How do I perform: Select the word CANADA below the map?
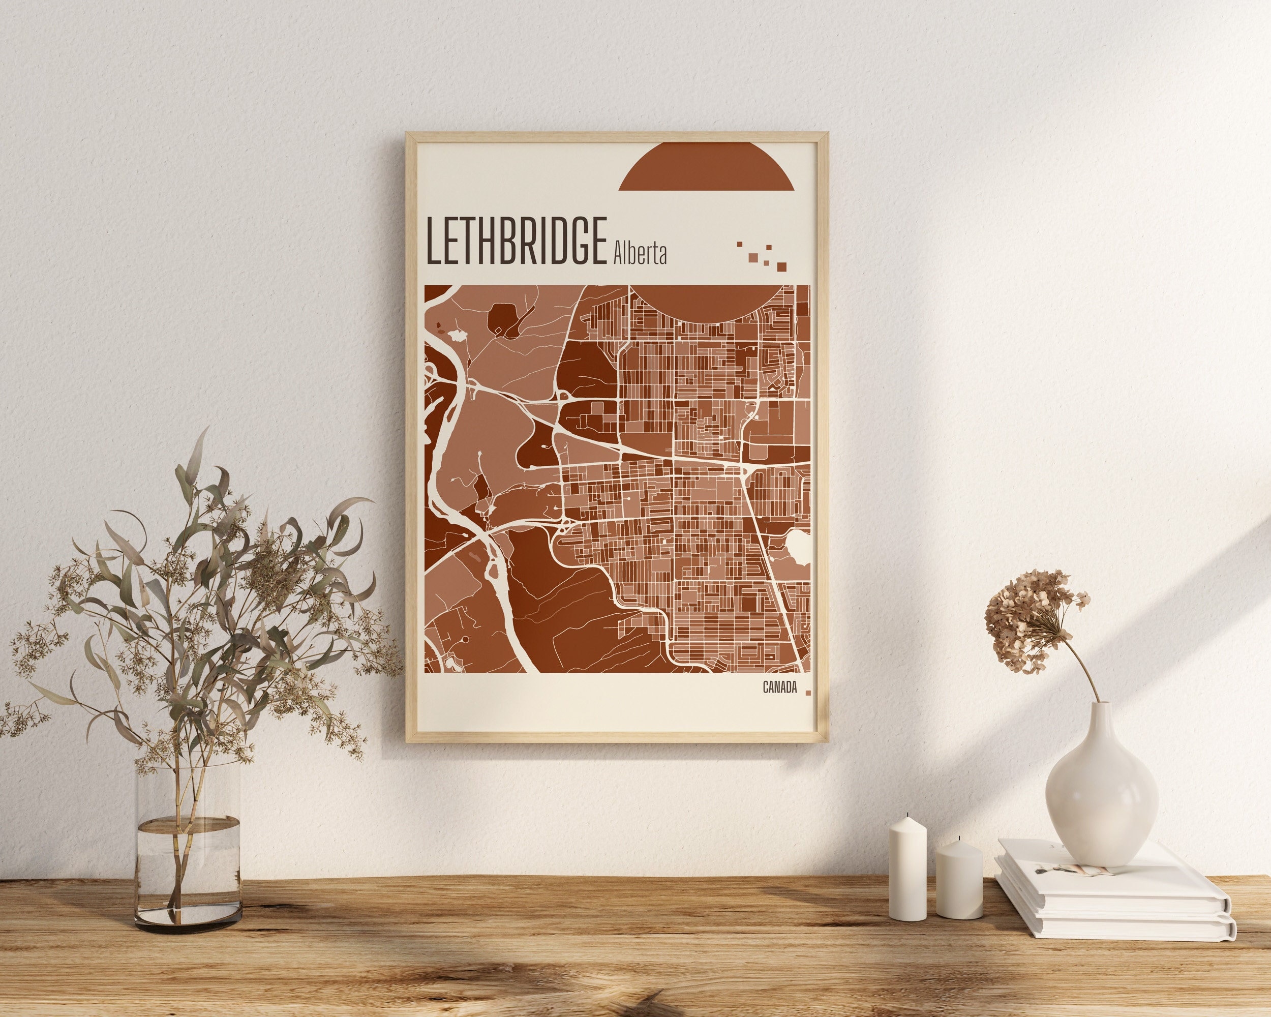coord(779,687)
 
